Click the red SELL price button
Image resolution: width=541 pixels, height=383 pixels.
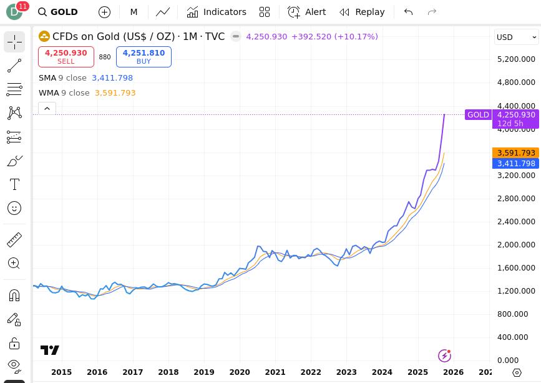[66, 57]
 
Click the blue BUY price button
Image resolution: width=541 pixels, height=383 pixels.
[144, 57]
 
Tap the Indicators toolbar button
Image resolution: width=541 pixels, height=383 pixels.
[217, 12]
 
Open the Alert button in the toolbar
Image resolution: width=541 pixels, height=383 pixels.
[306, 12]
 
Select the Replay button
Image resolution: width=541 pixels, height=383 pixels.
[362, 12]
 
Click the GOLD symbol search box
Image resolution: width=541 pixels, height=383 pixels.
[58, 12]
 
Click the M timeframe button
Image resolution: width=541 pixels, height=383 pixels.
[134, 12]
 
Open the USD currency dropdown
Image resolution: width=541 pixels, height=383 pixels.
[516, 37]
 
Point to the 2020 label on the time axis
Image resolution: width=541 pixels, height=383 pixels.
[240, 372]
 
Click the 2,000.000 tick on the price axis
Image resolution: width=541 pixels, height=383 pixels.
[516, 245]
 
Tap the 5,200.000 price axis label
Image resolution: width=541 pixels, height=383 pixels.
[516, 59]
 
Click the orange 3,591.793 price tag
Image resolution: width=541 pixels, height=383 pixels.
[515, 152]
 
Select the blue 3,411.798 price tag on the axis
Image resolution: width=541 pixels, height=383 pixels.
[515, 164]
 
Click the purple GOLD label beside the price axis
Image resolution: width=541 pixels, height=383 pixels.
[478, 115]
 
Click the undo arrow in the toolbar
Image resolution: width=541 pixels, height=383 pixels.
[408, 12]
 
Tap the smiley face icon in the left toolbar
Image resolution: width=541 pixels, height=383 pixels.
[14, 208]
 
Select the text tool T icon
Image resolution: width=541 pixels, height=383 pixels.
[14, 184]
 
